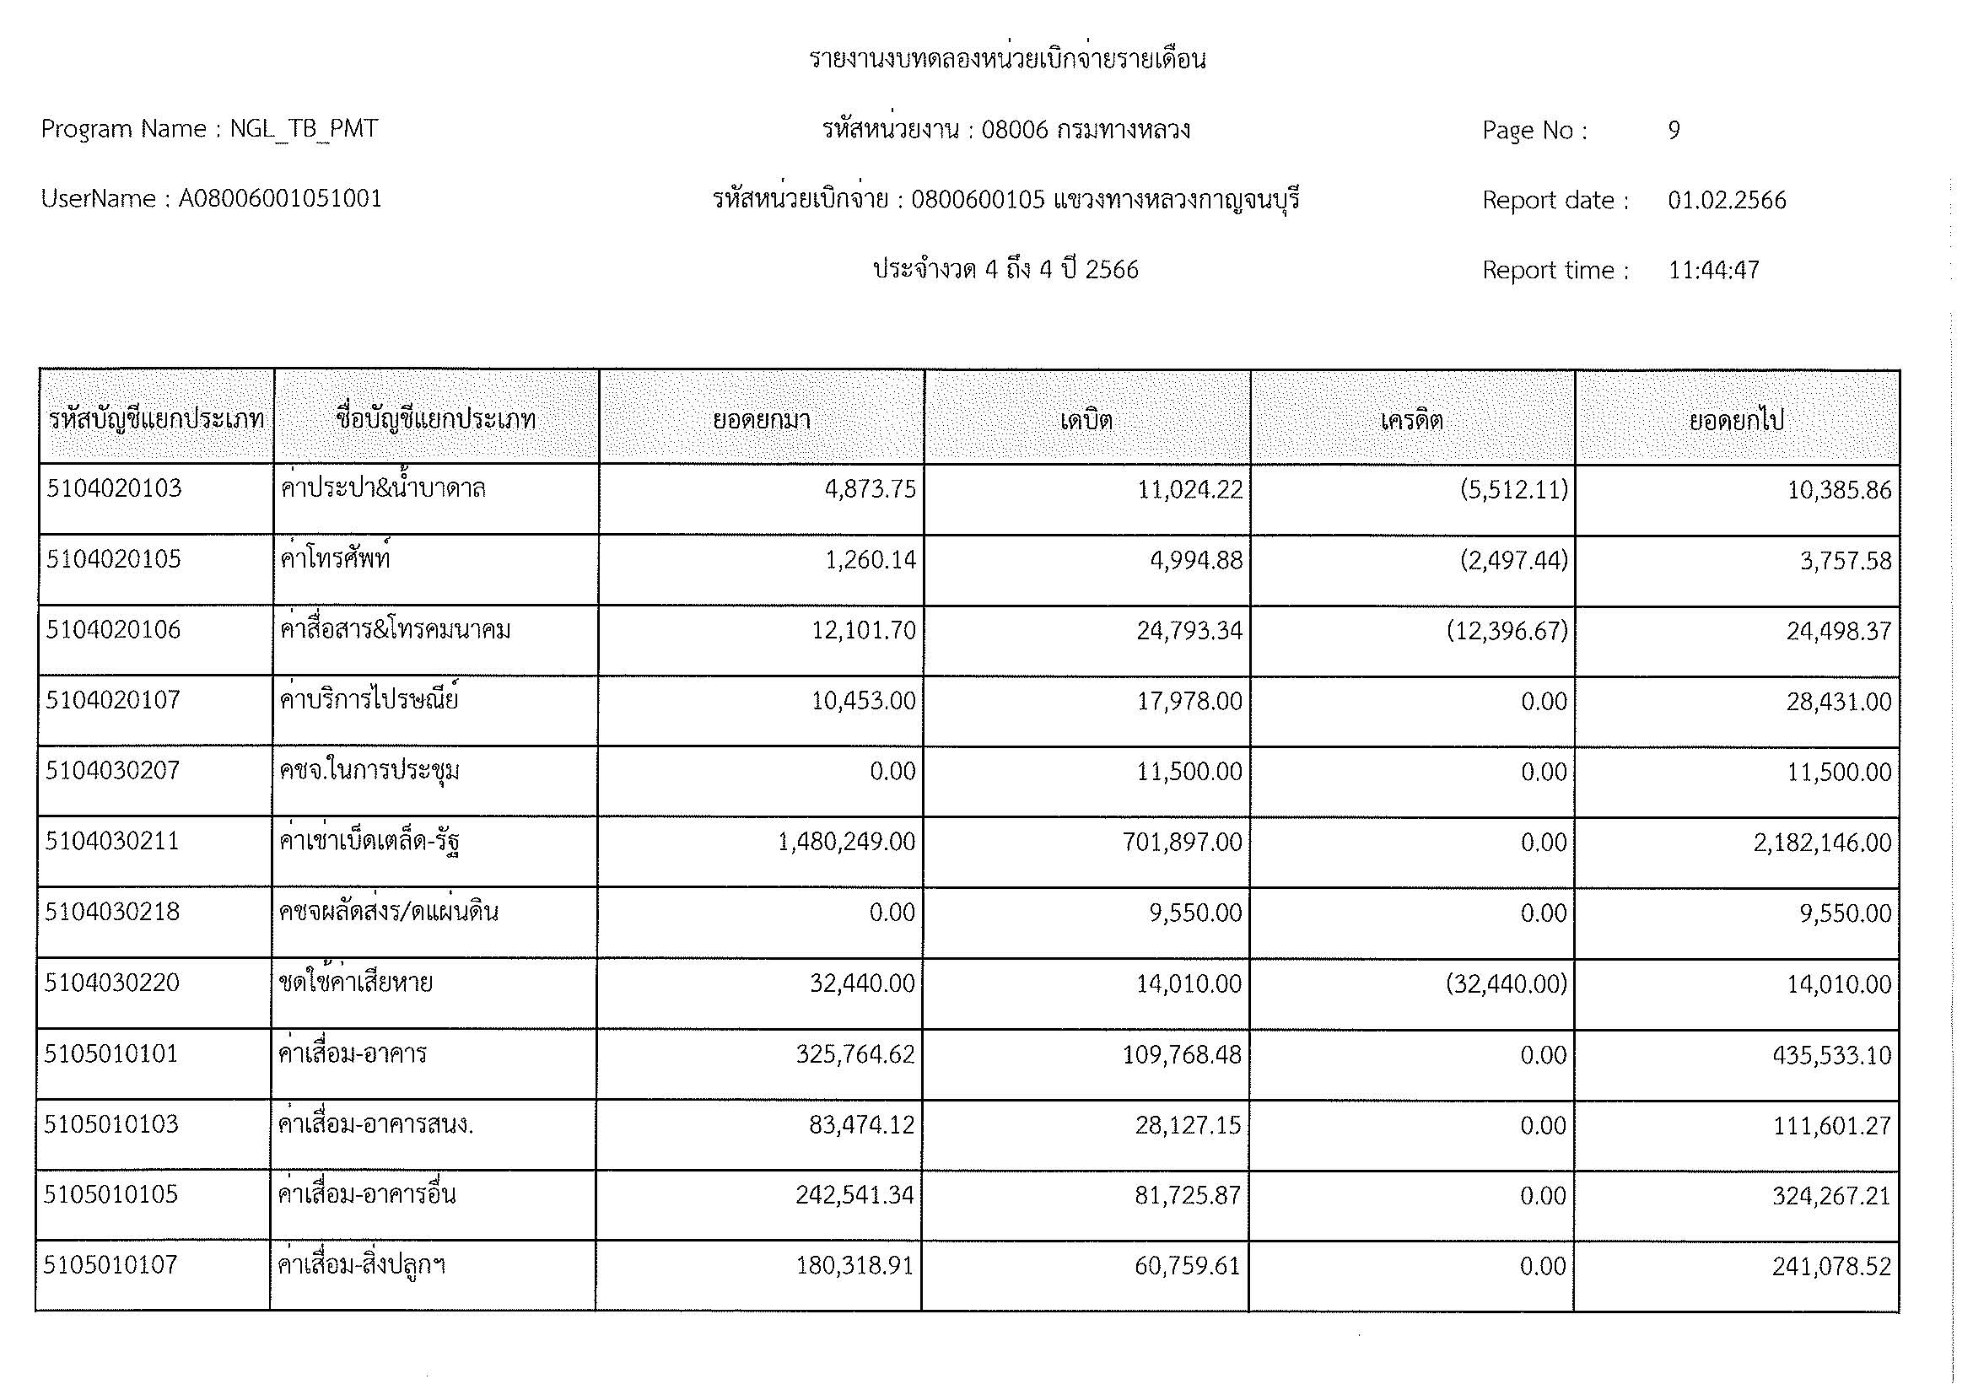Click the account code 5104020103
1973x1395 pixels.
[x=114, y=489]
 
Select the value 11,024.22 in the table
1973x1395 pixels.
[x=1189, y=490]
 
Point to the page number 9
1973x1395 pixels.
[x=1674, y=130]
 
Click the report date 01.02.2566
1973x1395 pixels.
[x=1727, y=200]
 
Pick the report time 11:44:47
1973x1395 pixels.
[x=1713, y=271]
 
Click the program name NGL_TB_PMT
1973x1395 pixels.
[x=304, y=129]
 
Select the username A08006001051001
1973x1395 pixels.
[x=280, y=199]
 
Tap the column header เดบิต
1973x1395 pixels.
[x=1086, y=420]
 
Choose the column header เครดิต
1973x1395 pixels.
[x=1412, y=420]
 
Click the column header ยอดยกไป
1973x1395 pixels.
[x=1737, y=420]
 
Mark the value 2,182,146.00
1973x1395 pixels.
[x=1822, y=843]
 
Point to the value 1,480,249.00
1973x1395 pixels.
[x=846, y=842]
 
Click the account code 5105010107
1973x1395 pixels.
[x=111, y=1264]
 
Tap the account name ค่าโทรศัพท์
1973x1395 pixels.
[x=336, y=559]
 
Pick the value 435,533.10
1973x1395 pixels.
[x=1831, y=1055]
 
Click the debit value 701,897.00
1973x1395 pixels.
[x=1182, y=842]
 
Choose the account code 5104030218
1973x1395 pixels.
[x=112, y=912]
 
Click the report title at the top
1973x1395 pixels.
[x=1007, y=59]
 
